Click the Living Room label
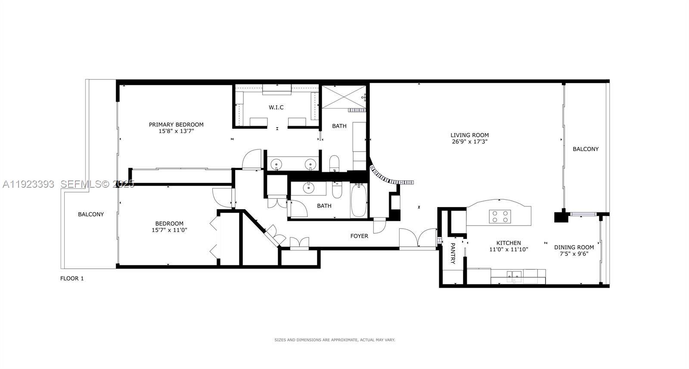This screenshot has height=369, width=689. (x=469, y=135)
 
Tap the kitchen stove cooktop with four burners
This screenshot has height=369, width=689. (x=500, y=216)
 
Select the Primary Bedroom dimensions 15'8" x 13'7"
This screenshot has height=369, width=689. (x=176, y=131)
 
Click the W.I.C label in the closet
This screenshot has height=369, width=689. (x=276, y=107)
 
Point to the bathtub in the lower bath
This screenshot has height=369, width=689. (x=358, y=201)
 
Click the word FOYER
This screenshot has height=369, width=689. (x=359, y=236)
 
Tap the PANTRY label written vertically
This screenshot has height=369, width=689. (x=453, y=253)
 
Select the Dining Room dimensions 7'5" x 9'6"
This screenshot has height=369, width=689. (x=574, y=254)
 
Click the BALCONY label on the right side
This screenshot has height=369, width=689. (x=585, y=149)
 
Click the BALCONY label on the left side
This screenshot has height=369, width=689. (x=91, y=214)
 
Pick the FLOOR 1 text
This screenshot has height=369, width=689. (x=72, y=279)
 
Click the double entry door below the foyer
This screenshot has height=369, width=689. (x=418, y=239)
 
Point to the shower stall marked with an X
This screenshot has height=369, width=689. (x=344, y=97)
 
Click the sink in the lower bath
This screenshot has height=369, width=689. (x=309, y=188)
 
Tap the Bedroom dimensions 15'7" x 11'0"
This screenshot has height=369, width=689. (x=169, y=230)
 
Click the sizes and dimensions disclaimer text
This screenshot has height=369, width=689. (x=335, y=340)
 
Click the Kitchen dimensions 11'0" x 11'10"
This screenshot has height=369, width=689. (x=509, y=249)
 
